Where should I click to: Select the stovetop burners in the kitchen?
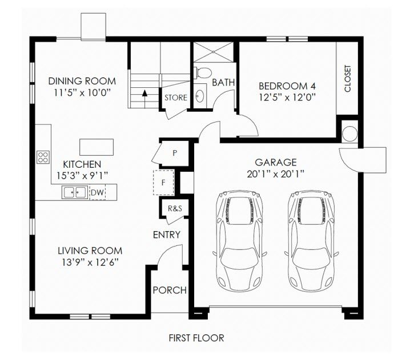coord(43,157)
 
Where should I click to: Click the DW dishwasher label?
coord(97,192)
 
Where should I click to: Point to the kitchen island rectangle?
coord(97,147)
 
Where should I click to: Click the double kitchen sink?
coord(75,192)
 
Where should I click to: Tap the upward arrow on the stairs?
coord(144,99)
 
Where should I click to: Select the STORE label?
coord(176,98)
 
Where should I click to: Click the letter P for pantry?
coord(175,153)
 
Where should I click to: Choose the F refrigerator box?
coord(163,183)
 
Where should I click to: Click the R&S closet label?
coord(175,208)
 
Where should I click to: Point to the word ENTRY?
coord(167,234)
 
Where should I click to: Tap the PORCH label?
coord(170,290)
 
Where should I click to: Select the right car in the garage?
coord(311,241)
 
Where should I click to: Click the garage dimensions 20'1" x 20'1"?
coord(276,174)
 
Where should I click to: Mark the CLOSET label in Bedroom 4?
coord(348,79)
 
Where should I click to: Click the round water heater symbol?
coord(349,134)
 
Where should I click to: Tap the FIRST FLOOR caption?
coord(196,338)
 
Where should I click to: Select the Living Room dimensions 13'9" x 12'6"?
coord(90,262)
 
